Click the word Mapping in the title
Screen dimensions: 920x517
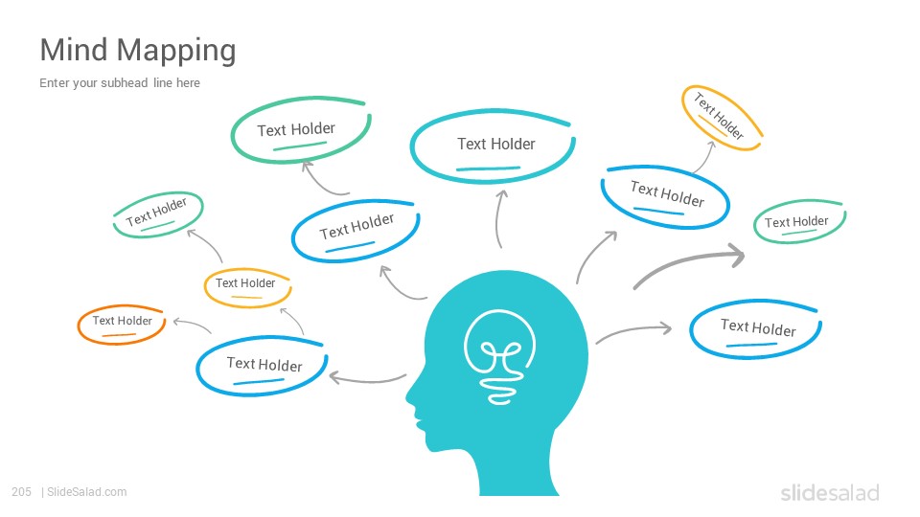pos(176,52)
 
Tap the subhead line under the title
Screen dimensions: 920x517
pos(120,82)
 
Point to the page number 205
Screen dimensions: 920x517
pos(21,492)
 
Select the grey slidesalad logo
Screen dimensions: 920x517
pos(830,492)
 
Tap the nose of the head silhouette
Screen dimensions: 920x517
pos(409,397)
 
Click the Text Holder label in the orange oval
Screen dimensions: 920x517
pos(122,321)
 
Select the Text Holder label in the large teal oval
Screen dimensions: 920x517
pos(496,144)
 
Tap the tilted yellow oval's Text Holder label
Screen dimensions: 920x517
pos(720,116)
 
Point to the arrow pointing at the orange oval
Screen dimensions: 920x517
pos(192,325)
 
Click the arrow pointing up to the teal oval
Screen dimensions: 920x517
pos(498,218)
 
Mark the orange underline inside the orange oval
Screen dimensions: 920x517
pos(119,335)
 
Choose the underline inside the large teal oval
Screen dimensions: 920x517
pos(488,169)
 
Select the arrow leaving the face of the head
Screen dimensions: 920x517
pos(367,379)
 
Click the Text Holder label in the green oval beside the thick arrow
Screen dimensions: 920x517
pos(796,221)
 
